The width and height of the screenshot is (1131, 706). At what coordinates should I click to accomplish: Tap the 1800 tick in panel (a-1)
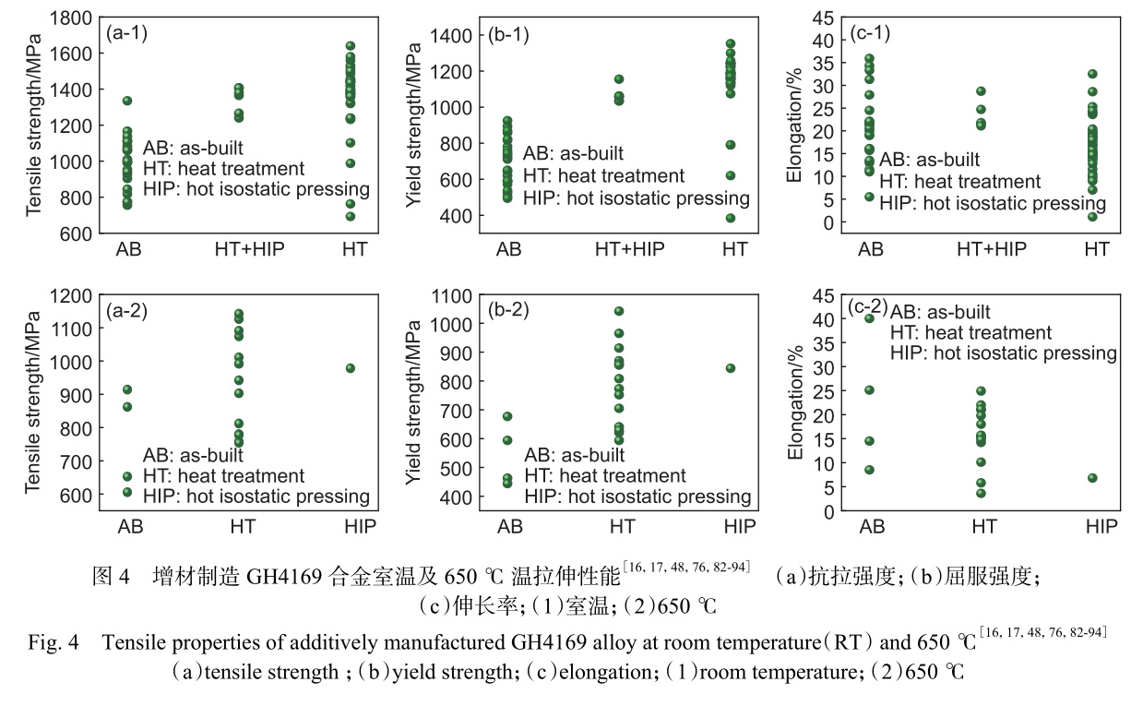72,18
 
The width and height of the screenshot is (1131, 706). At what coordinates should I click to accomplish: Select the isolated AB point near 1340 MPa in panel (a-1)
127,101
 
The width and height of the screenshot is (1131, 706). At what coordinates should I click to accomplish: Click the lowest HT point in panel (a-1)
351,217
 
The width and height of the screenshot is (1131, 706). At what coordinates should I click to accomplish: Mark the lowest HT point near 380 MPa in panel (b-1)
730,219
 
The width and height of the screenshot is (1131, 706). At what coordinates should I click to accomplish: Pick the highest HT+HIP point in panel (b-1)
619,79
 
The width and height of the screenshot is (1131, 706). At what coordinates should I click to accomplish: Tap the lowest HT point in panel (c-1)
1092,217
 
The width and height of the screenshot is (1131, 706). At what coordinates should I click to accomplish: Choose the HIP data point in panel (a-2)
351,368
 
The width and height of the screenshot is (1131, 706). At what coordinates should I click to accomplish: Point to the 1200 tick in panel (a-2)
72,295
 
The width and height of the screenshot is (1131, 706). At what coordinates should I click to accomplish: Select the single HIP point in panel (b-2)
731,368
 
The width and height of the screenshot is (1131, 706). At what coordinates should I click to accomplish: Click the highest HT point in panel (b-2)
619,311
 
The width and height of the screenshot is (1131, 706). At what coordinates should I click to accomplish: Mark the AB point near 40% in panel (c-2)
869,318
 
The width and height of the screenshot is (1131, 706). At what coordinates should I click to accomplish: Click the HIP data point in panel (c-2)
1092,478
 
